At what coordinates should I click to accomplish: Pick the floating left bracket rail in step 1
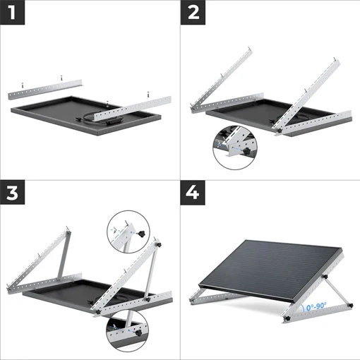42,89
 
